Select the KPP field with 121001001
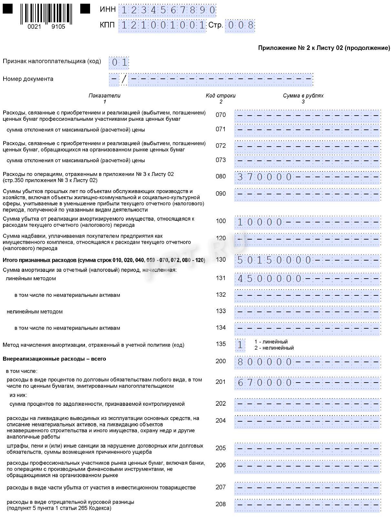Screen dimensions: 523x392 pyautogui.click(x=162, y=25)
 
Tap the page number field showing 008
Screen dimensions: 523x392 pyautogui.click(x=240, y=26)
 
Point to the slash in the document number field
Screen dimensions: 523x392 pyautogui.click(x=124, y=79)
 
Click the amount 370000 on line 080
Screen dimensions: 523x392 pyautogui.click(x=264, y=177)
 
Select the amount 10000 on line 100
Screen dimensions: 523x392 pyautogui.click(x=260, y=222)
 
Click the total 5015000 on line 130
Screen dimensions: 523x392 pyautogui.click(x=274, y=260)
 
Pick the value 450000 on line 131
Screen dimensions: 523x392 pyautogui.click(x=269, y=279)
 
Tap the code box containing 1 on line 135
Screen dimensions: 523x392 pyautogui.click(x=240, y=345)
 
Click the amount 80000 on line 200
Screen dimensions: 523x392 pyautogui.click(x=264, y=362)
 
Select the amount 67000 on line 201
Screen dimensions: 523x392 pyautogui.click(x=264, y=383)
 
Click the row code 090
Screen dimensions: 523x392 pyautogui.click(x=221, y=194)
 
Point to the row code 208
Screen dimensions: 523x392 pyautogui.click(x=221, y=504)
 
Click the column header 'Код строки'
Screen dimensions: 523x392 pyautogui.click(x=221, y=96)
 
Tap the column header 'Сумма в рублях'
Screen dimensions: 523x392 pyautogui.click(x=303, y=96)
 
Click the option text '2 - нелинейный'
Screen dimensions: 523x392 pyautogui.click(x=274, y=348)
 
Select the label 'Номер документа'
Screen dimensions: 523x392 pyautogui.click(x=28, y=79)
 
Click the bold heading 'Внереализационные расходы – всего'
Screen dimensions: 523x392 pyautogui.click(x=54, y=359)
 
